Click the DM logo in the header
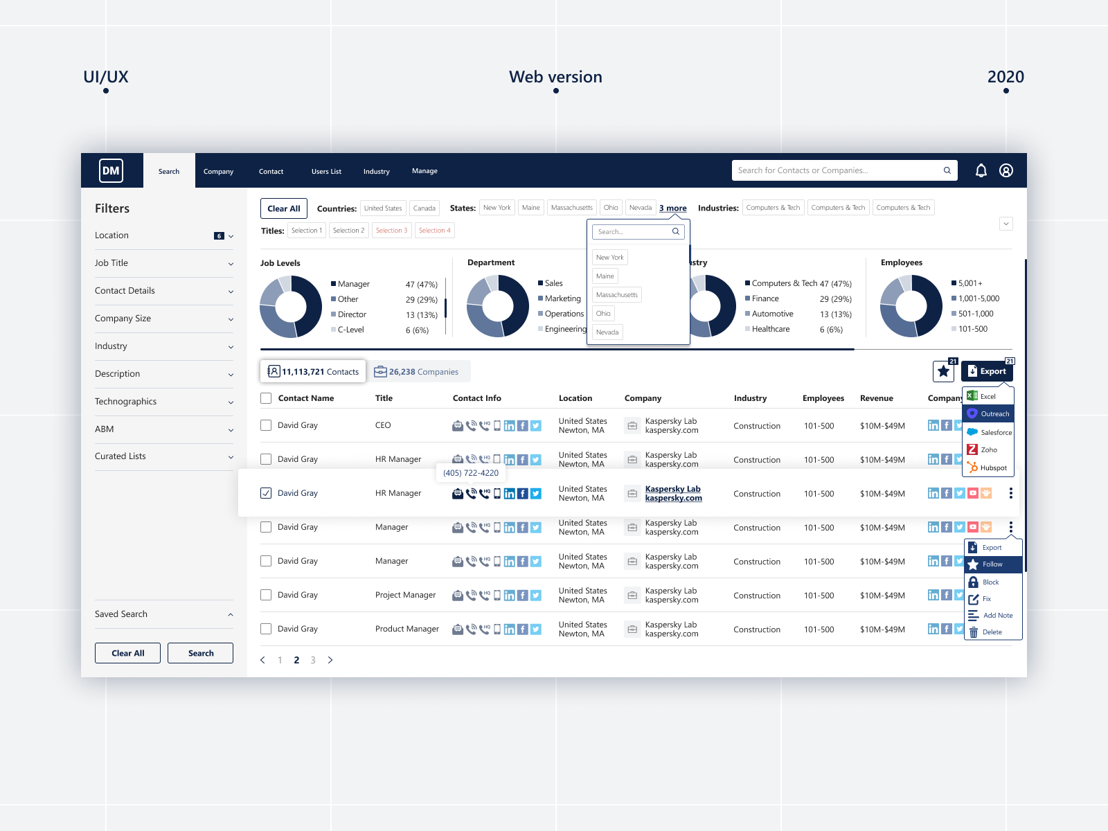111,170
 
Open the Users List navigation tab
326,171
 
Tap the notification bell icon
981,170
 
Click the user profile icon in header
1006,170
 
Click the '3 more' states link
672,208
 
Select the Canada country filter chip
424,208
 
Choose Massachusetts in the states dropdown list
616,295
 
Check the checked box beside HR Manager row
266,493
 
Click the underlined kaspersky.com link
673,498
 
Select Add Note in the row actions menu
997,615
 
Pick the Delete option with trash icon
992,632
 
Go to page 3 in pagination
313,660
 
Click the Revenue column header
876,398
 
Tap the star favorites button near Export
943,371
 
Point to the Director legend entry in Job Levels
352,314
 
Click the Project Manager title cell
405,595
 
